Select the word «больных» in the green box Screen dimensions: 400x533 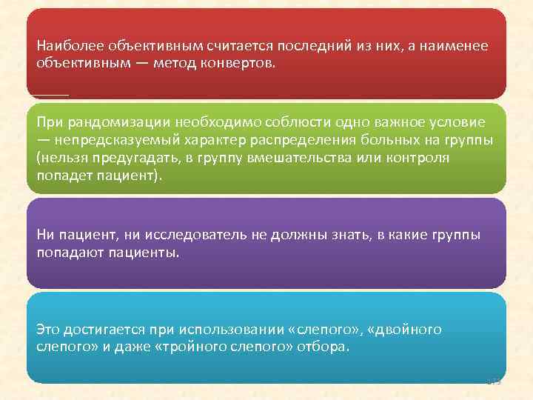(361, 141)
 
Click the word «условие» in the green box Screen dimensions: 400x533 (460, 122)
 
